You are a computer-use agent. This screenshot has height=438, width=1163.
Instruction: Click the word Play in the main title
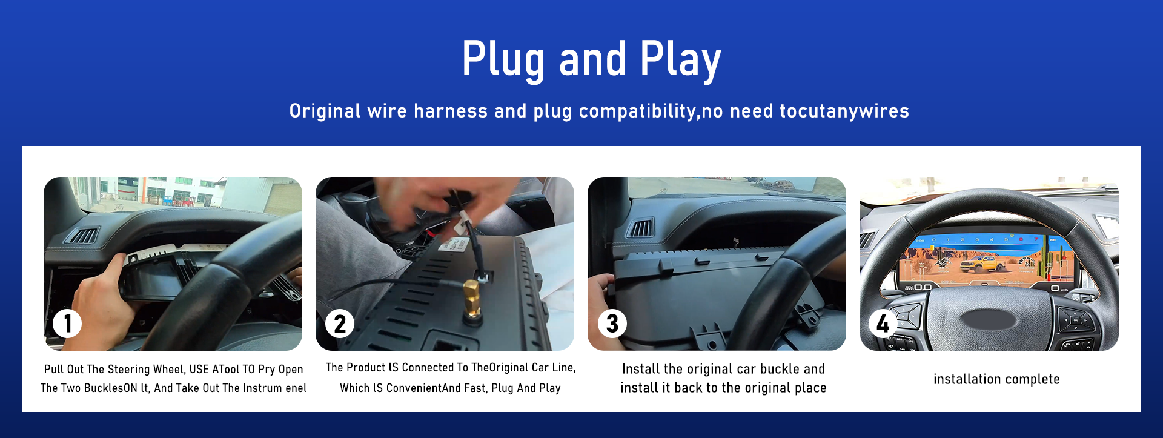point(680,60)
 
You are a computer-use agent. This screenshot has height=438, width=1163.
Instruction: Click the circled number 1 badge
point(67,324)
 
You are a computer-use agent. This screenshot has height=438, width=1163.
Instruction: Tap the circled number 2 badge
point(340,324)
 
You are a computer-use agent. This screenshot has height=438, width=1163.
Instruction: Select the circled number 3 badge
point(612,324)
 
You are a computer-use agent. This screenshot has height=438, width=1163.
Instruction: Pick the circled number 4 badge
point(883,324)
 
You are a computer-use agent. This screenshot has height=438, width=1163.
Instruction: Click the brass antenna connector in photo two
point(471,302)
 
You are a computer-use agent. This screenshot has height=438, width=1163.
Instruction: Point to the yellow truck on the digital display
point(979,264)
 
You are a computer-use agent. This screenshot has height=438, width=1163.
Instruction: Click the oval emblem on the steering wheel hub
point(990,320)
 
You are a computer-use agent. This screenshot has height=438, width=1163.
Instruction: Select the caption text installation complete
point(996,379)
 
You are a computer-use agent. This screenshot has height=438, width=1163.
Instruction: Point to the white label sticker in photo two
point(454,244)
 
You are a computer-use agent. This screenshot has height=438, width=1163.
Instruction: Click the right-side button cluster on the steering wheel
point(1075,321)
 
